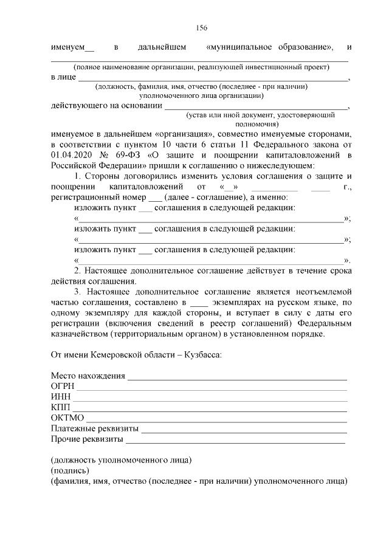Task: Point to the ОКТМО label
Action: point(67,418)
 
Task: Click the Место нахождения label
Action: point(88,376)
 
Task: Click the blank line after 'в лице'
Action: point(213,80)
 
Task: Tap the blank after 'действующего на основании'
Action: point(255,108)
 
